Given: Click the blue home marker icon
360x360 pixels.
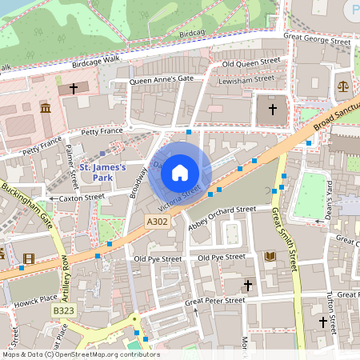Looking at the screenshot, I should [x=180, y=172].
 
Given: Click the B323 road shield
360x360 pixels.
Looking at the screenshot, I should [x=63, y=310].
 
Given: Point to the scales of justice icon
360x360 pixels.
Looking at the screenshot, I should [x=343, y=85].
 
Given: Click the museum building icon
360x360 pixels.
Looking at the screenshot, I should [x=45, y=108].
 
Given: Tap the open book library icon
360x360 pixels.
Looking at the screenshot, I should [x=270, y=257].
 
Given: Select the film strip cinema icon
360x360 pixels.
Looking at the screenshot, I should [x=30, y=258].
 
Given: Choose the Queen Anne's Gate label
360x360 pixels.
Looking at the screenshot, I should [x=162, y=79].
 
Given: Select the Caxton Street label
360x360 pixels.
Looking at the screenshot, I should [x=82, y=196].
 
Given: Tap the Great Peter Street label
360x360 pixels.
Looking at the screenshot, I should [x=214, y=301].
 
